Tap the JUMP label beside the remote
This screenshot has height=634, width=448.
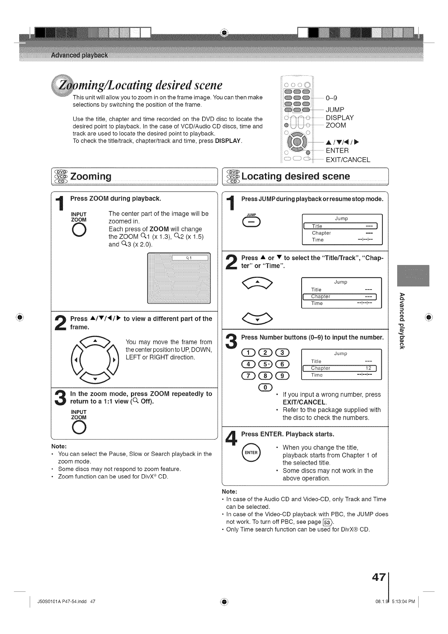[x=335, y=110]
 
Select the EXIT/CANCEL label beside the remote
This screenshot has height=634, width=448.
[x=348, y=159]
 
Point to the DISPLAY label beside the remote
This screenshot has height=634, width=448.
[x=340, y=118]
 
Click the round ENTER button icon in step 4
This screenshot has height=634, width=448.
[x=251, y=452]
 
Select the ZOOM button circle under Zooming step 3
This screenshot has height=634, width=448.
[x=79, y=427]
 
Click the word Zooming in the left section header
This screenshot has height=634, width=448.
[x=91, y=176]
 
